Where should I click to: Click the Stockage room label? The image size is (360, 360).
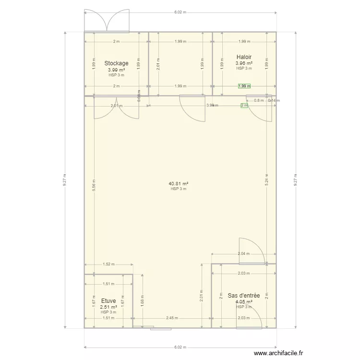pos(116,63)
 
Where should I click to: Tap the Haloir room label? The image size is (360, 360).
pos(244,57)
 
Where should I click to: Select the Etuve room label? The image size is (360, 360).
pos(108,301)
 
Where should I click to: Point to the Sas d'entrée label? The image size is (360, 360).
pos(244,296)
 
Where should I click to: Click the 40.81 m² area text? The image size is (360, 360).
pos(178,183)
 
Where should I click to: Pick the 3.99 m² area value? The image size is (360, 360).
pos(116,70)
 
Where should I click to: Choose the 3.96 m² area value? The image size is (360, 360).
pos(244,63)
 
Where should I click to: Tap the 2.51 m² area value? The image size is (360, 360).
pos(108,307)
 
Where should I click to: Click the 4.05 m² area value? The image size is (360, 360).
pos(244,302)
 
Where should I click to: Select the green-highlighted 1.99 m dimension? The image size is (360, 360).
pos(244,86)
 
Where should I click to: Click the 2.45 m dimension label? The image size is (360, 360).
pos(172,318)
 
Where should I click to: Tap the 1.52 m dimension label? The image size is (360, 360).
pos(109,264)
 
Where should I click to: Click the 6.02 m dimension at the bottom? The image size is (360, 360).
pos(180,347)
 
